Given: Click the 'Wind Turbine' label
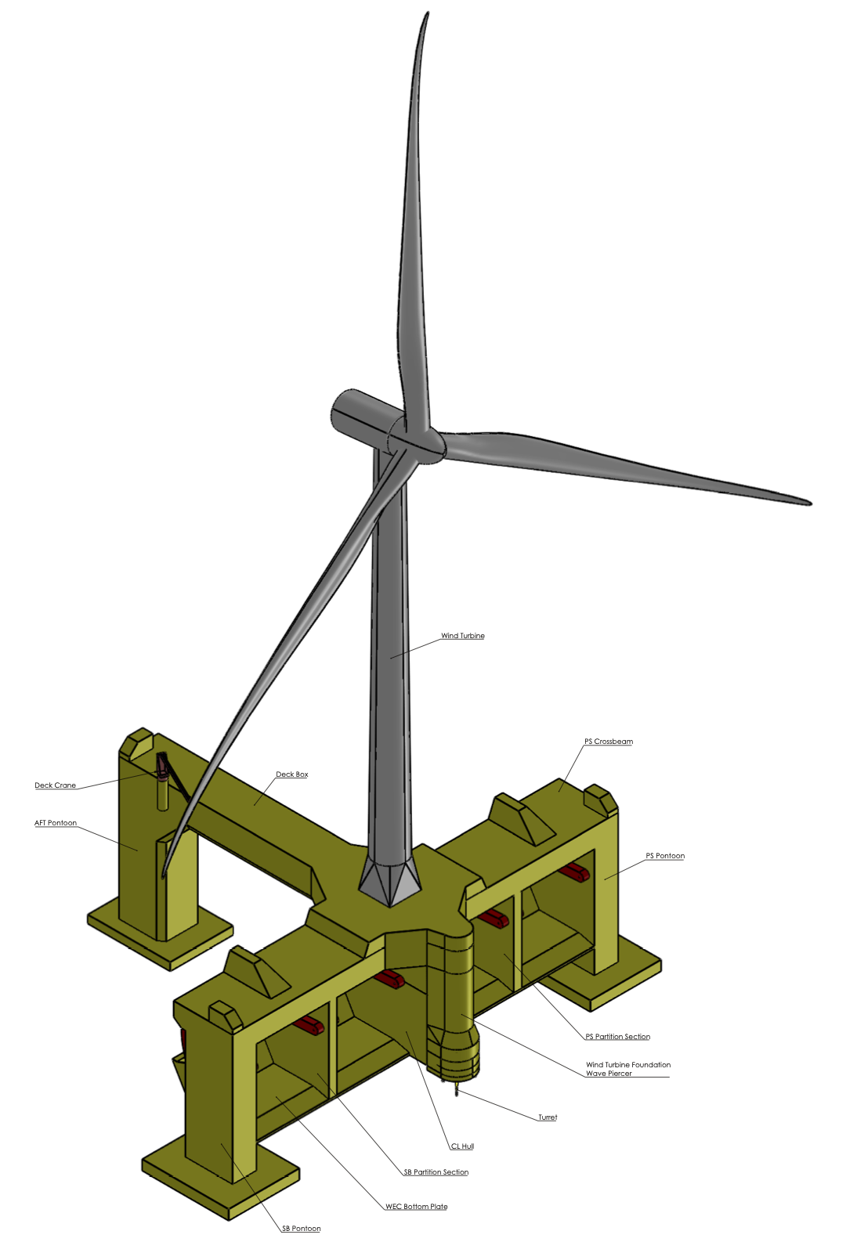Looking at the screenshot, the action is coord(462,636).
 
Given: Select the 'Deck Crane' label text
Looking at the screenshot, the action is coord(56,785).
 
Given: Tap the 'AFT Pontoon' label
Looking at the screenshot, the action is coord(56,822).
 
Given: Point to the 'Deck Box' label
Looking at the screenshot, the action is coord(292,774).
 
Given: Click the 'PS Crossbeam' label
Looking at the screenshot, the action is coord(609,741).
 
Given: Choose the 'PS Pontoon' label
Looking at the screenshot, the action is coord(665,855).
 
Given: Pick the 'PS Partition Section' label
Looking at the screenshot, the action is coord(617,1036).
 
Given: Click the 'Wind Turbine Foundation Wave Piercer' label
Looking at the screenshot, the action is coord(628,1068).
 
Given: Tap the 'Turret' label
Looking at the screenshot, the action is coord(548,1117).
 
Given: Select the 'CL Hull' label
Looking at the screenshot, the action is coord(462,1146).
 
